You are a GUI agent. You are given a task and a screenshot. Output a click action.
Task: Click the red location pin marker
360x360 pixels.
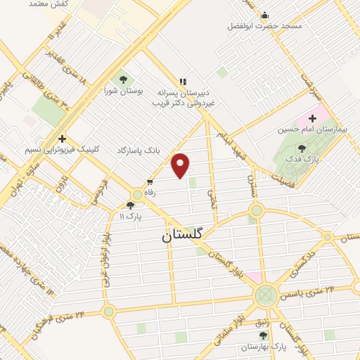click(x=181, y=165)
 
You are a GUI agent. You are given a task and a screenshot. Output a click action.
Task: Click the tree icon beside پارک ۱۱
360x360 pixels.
click(x=129, y=205)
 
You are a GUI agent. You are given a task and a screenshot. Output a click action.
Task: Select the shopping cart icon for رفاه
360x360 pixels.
click(x=150, y=181)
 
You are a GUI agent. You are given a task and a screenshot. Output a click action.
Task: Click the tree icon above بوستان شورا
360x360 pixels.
click(x=124, y=79)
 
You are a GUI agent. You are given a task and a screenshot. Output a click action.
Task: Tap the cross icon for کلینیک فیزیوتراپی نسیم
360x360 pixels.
click(x=63, y=139)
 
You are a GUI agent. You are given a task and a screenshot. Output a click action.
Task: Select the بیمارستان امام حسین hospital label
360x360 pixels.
click(x=308, y=130)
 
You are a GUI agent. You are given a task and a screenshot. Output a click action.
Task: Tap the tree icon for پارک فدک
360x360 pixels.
click(x=302, y=148)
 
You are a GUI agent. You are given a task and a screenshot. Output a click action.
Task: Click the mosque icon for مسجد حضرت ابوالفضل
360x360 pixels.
click(x=265, y=15)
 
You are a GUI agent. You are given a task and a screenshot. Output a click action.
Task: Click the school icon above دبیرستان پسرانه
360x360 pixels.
click(x=184, y=82)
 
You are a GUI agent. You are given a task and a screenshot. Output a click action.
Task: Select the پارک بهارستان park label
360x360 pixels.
click(x=264, y=347)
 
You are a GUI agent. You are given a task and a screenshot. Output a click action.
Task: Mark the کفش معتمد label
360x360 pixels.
click(x=38, y=4)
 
